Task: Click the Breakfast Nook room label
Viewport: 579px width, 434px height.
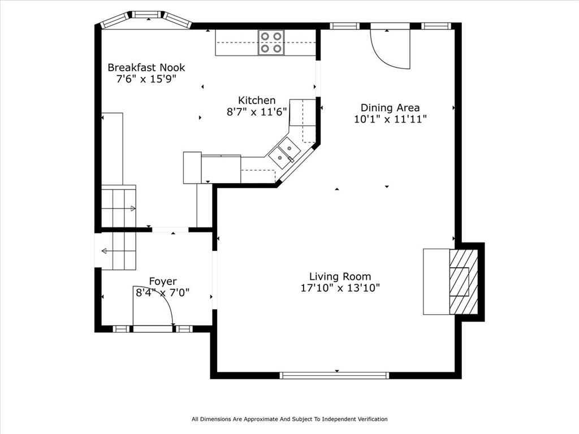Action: (146, 68)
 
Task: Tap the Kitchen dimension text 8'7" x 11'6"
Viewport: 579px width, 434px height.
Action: (257, 112)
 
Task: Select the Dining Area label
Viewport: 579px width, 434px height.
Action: (390, 108)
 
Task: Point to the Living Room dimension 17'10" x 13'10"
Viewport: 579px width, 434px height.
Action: (340, 288)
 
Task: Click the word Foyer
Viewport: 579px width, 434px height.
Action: (163, 281)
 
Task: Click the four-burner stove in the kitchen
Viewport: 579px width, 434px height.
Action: (271, 42)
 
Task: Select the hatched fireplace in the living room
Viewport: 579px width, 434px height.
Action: (464, 281)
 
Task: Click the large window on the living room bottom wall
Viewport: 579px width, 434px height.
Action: (335, 375)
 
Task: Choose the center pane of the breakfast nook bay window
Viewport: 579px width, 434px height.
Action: (147, 14)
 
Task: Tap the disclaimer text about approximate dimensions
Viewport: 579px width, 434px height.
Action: (289, 419)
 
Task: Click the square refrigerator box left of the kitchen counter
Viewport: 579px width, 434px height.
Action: (192, 167)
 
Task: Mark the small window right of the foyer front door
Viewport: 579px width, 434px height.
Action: (184, 329)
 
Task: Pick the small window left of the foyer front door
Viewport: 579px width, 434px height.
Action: (122, 329)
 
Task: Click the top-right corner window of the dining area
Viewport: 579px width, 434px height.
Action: (437, 26)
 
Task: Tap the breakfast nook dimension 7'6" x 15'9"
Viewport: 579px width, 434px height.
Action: (146, 79)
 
